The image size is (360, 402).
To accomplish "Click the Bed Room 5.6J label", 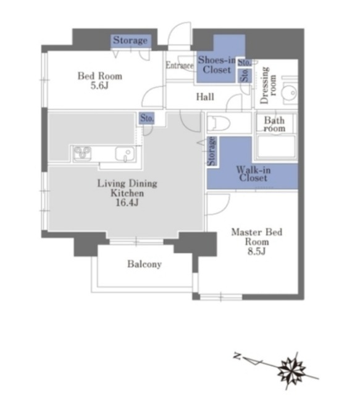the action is coord(100,80).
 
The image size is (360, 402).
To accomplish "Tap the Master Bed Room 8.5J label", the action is coord(257,241).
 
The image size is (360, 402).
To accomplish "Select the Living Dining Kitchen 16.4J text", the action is coord(127,193).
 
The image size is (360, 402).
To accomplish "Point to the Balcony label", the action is coord(144,264).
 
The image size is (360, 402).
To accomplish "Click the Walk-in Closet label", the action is coord(253,174).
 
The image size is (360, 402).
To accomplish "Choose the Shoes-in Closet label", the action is coord(217,65).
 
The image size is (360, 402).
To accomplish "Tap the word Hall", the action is coord(205,97).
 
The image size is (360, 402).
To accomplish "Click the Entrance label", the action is coord(180,65).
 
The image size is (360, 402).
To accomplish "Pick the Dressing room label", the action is coord(268,85).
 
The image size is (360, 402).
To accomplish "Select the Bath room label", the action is coord(274,124).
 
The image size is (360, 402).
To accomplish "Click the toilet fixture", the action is coord(219,123).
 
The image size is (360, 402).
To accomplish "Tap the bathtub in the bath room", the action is coord(276,146).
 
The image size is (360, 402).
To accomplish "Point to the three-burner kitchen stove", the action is coord(82,153).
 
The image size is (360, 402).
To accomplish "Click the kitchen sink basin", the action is coord(125,154).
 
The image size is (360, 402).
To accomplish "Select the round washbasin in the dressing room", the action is coord(289,93).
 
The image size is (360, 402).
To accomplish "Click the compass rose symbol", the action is coord(292,370).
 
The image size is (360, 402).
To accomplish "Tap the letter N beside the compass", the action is coord(238,356).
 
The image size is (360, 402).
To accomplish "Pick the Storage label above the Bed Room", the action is coord(130,40).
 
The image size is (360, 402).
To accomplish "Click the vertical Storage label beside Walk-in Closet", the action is coord(212,151).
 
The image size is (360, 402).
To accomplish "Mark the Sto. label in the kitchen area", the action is coord(147,118).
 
